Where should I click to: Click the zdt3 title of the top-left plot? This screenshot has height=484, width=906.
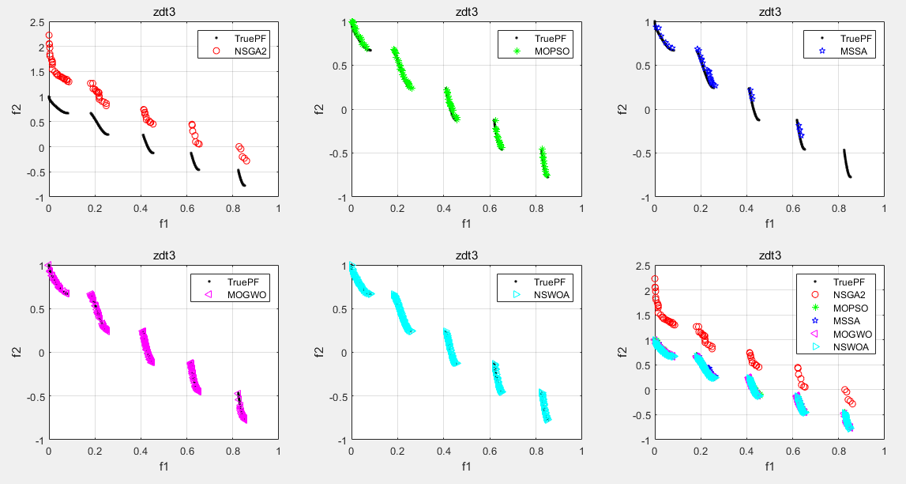coord(164,12)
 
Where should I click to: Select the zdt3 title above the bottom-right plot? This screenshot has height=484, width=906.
coord(769,255)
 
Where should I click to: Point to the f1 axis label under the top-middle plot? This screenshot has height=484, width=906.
coord(467,224)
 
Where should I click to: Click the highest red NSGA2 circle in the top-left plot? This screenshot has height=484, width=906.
coord(49,36)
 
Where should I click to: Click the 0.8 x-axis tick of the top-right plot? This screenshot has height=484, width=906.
coord(839,208)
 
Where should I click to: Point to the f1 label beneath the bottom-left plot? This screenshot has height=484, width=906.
coord(164,467)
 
